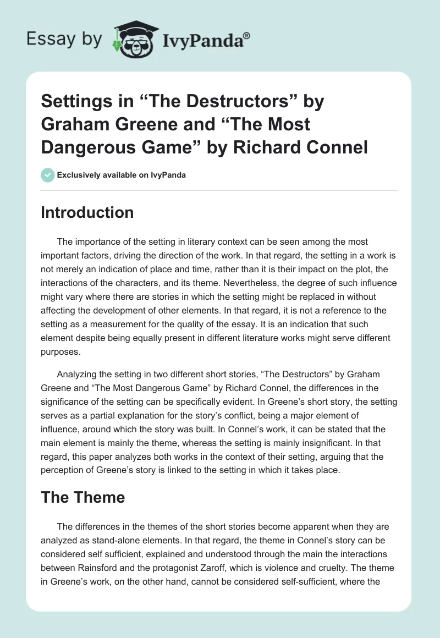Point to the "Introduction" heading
tap(87, 212)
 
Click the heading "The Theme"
tap(82, 497)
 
